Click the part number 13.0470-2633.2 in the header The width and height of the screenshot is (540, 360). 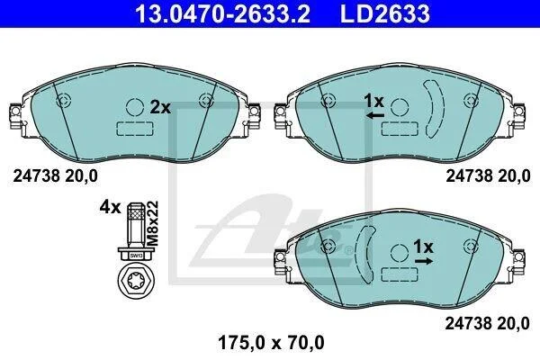(222, 13)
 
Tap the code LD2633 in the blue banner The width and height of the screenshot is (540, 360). (385, 13)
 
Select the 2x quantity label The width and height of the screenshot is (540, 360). (160, 108)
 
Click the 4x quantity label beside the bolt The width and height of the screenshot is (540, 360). (110, 208)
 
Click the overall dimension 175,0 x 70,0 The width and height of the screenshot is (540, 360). (271, 343)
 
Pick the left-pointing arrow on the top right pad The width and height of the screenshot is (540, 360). (375, 116)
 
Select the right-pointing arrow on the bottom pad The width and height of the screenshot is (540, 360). (424, 261)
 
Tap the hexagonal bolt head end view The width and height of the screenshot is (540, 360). (135, 282)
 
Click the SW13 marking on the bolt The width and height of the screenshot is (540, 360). (135, 256)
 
